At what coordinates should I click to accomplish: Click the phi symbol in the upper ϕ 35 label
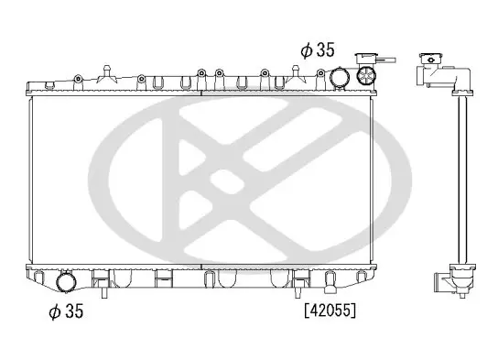[x=307, y=50]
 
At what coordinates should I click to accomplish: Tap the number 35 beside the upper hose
[x=325, y=49]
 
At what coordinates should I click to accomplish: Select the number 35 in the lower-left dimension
[x=73, y=311]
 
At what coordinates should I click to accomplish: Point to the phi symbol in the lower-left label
[x=55, y=311]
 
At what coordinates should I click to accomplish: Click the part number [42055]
[x=330, y=311]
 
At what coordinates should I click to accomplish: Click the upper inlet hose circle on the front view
[x=340, y=77]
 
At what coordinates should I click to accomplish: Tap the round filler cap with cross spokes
[x=366, y=75]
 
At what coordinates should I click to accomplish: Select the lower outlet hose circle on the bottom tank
[x=67, y=282]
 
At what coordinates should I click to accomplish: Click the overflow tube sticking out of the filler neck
[x=386, y=60]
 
